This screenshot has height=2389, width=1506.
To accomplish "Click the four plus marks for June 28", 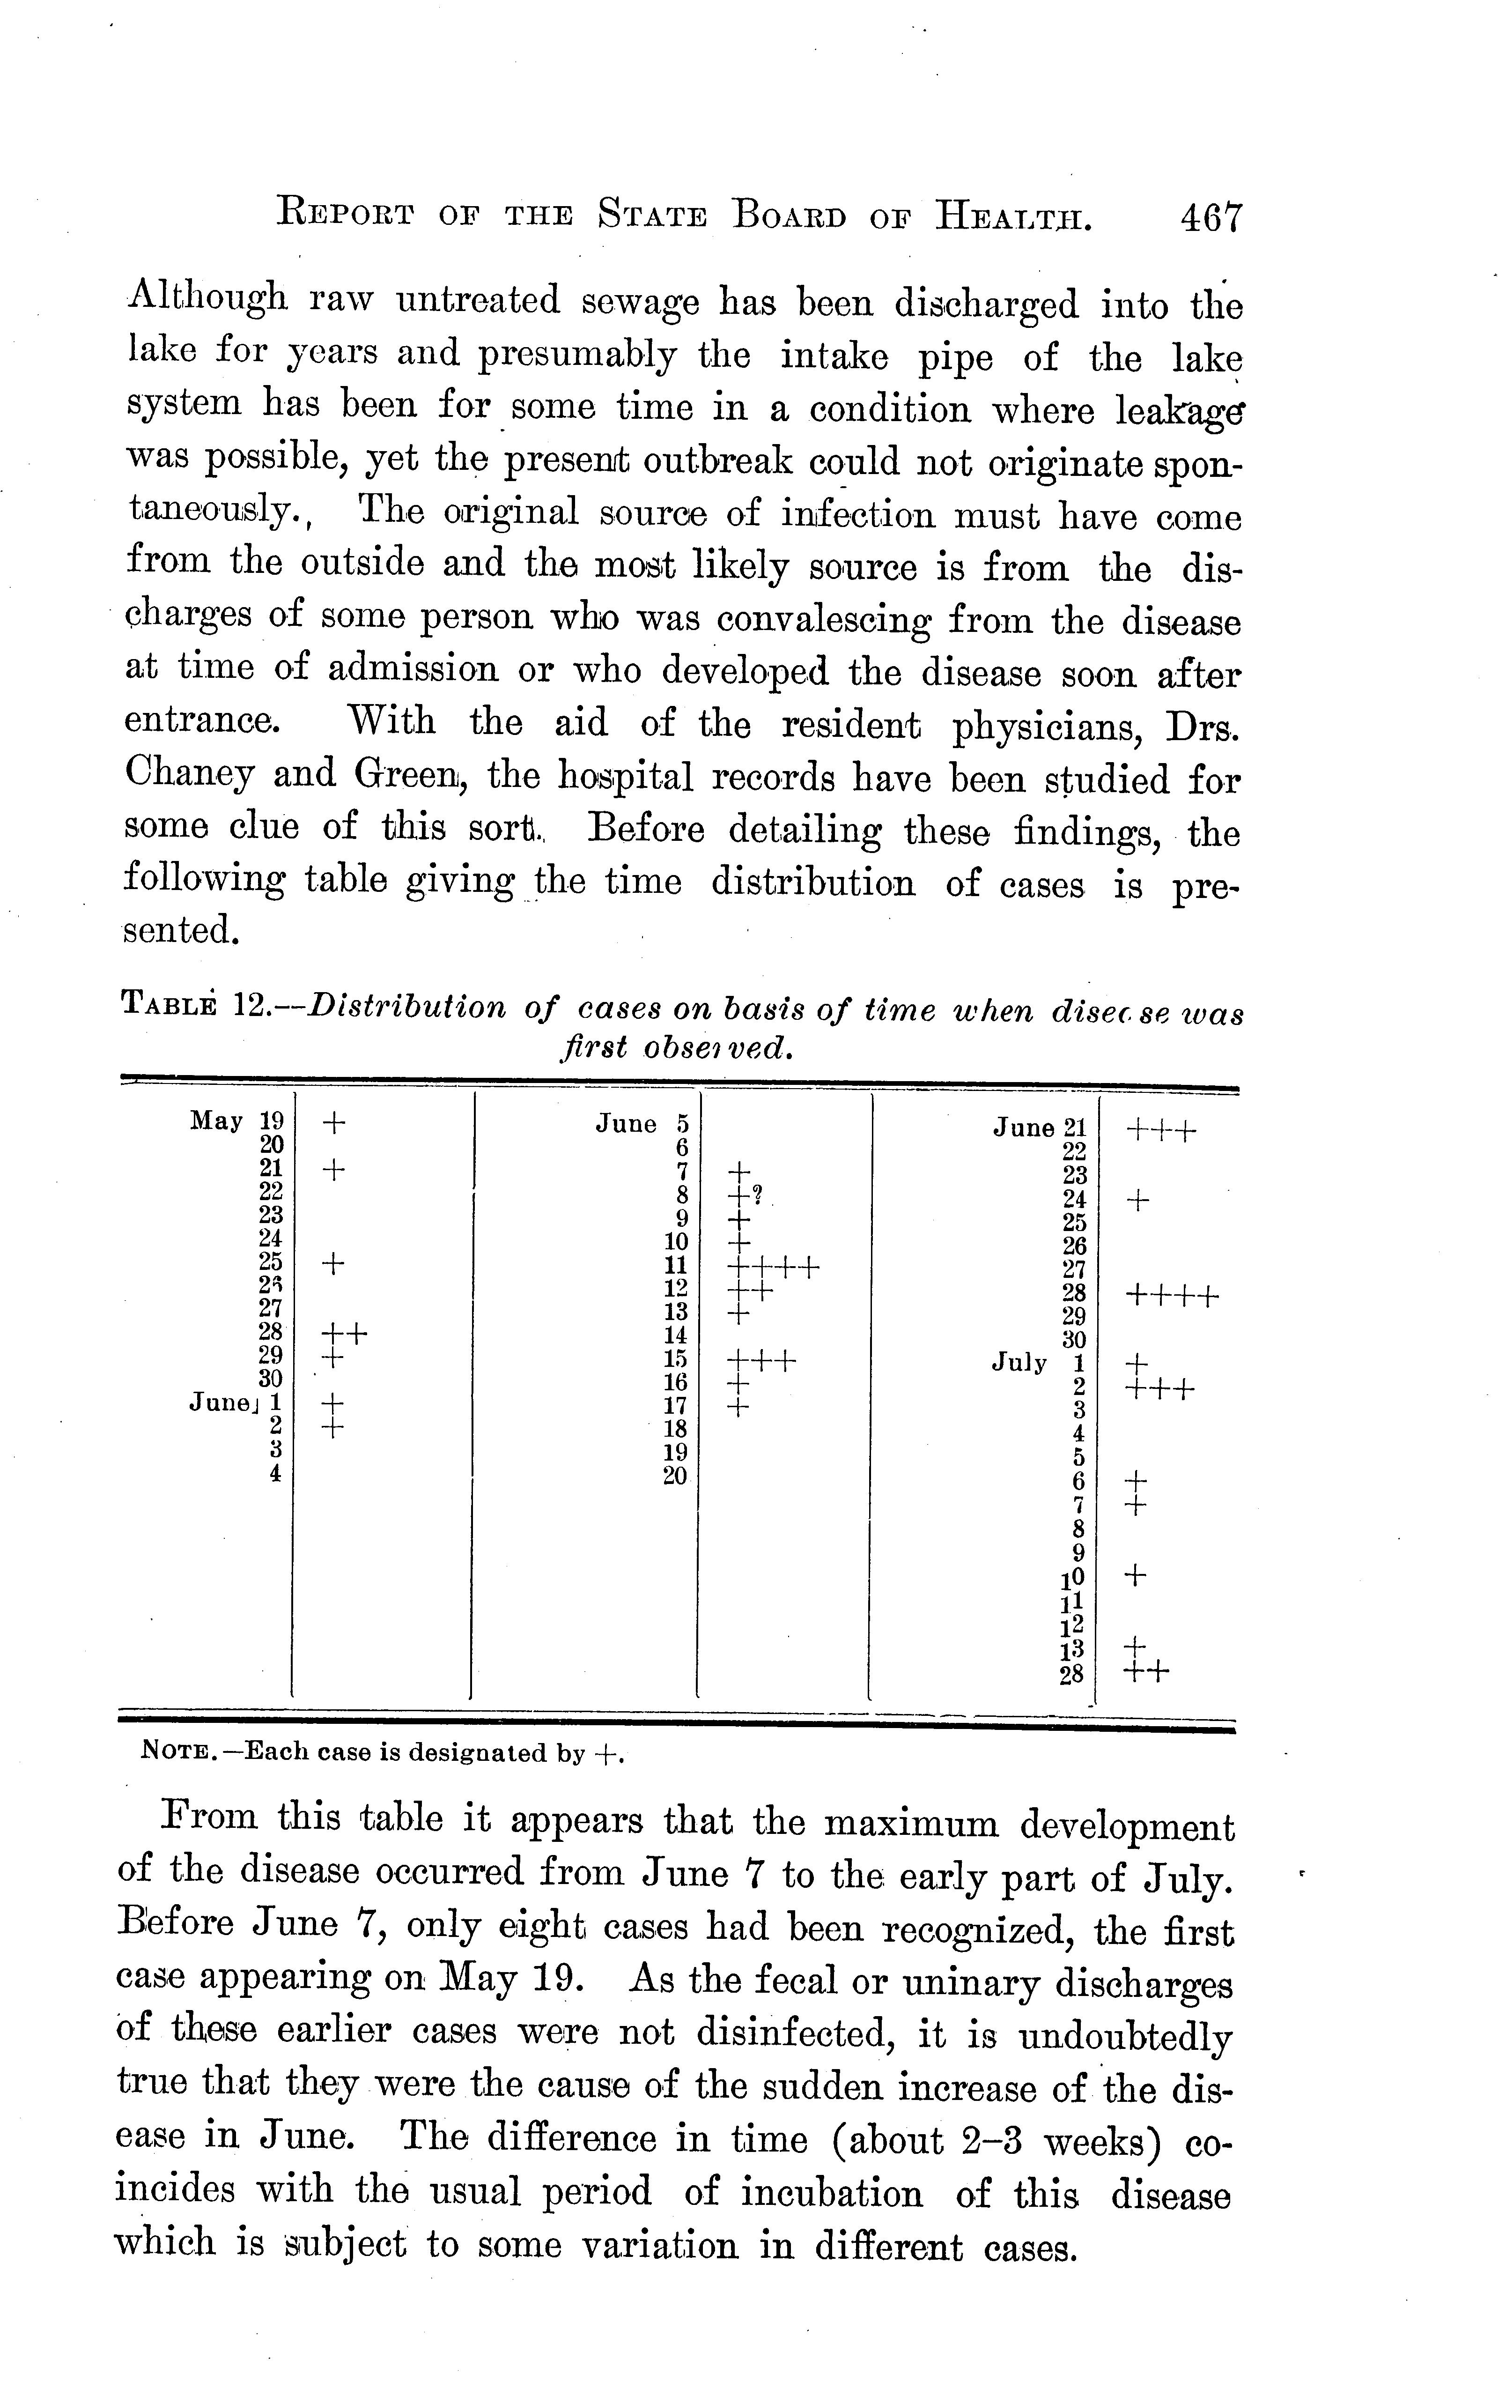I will [x=1173, y=1296].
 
